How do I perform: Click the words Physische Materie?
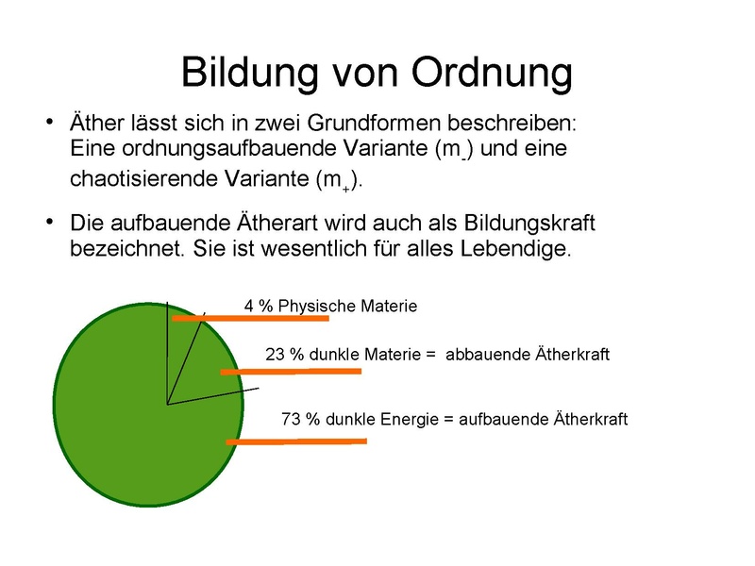[347, 307]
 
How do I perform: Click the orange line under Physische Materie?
[250, 319]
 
